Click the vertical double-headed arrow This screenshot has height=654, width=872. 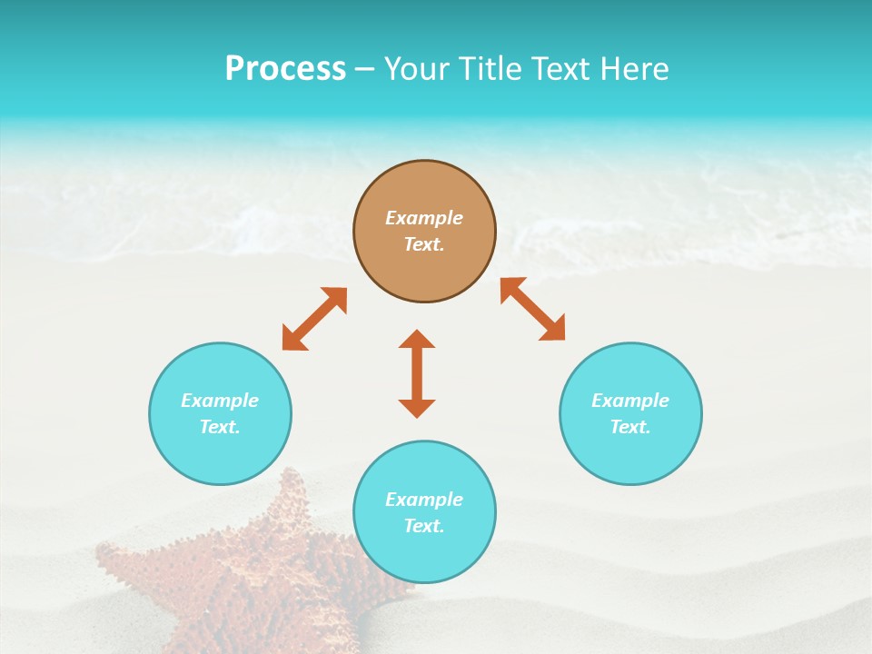tap(417, 373)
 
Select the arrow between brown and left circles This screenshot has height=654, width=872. tap(314, 319)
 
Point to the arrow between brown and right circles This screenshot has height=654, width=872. tap(533, 309)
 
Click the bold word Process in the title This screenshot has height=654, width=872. tap(285, 68)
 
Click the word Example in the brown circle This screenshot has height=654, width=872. tap(424, 218)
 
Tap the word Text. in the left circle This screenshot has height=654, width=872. tap(220, 427)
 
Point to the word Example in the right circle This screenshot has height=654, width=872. tap(630, 401)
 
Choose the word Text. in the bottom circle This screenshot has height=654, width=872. tap(424, 526)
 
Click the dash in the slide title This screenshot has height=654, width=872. tap(365, 69)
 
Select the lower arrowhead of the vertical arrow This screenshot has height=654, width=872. tap(417, 408)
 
